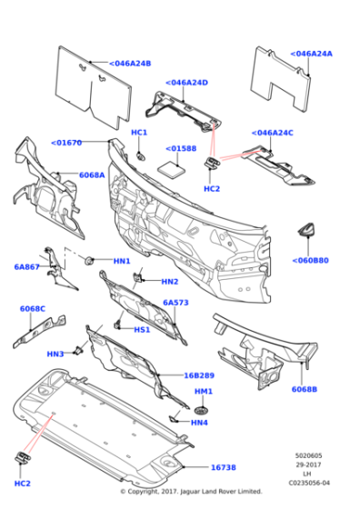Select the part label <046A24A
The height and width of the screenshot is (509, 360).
pyautogui.click(x=312, y=54)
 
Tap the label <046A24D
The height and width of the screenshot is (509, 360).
pyautogui.click(x=186, y=83)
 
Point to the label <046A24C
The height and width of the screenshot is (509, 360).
pyautogui.click(x=273, y=133)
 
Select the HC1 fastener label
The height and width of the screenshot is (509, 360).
pyautogui.click(x=139, y=133)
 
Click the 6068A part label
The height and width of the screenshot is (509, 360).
pyautogui.click(x=92, y=175)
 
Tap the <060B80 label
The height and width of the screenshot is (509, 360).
pyautogui.click(x=310, y=260)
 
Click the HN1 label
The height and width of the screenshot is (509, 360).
pyautogui.click(x=122, y=262)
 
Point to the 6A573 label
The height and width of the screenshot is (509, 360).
pyautogui.click(x=175, y=303)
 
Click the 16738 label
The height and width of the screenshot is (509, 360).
pyautogui.click(x=223, y=467)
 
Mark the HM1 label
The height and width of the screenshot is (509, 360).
pyautogui.click(x=204, y=392)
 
